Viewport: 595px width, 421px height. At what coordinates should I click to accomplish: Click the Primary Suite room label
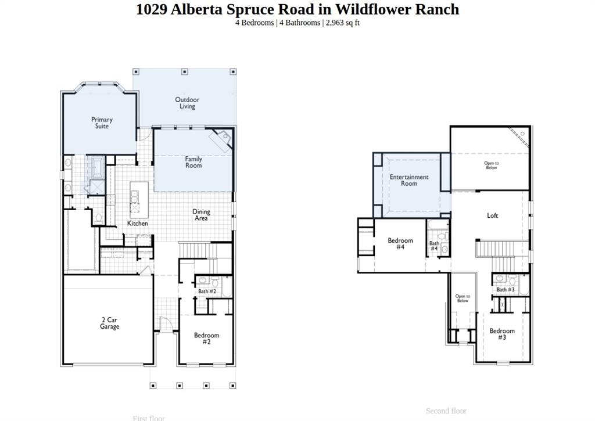[x=102, y=123]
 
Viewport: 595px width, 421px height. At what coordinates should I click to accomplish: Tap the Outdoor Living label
[x=187, y=103]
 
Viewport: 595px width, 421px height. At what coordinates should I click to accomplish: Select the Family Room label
[x=193, y=162]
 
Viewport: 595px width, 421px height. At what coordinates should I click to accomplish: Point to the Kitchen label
[x=138, y=223]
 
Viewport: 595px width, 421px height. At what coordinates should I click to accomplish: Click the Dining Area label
[x=201, y=215]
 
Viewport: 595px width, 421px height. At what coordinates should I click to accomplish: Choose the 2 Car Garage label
[x=109, y=323]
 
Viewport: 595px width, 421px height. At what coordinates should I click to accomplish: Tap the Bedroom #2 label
[x=206, y=339]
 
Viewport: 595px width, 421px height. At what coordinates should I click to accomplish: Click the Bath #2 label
[x=207, y=292]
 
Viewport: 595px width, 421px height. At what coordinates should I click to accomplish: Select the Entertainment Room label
[x=409, y=180]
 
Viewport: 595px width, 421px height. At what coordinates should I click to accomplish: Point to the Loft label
[x=492, y=215]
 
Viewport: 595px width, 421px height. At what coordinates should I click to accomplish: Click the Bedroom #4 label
[x=400, y=243]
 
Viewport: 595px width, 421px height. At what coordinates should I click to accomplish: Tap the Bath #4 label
[x=434, y=246]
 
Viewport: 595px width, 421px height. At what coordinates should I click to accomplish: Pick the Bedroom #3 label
[x=501, y=334]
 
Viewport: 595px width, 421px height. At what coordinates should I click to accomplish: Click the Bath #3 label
[x=505, y=289]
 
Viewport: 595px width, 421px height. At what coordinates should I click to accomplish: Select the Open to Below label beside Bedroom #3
[x=463, y=298]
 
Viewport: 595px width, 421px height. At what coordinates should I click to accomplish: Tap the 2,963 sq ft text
[x=342, y=23]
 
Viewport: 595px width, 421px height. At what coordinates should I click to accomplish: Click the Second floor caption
[x=446, y=411]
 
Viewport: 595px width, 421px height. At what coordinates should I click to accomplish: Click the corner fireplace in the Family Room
[x=223, y=139]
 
